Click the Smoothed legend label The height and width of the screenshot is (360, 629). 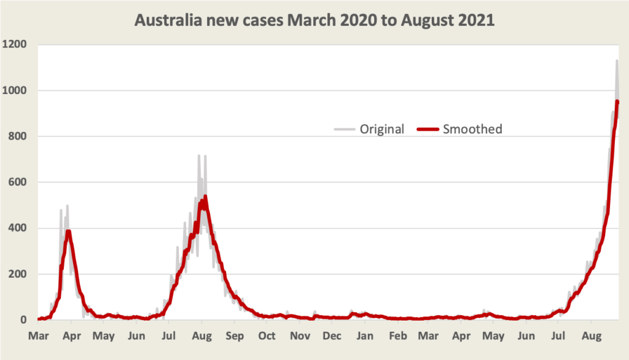472,129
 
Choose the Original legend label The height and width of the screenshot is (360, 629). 382,129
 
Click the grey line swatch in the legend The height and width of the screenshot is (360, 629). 345,129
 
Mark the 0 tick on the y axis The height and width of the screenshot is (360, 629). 24,320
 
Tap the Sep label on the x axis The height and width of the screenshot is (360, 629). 234,336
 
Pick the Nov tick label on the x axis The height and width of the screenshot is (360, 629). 300,336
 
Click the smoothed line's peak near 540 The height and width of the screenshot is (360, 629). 205,197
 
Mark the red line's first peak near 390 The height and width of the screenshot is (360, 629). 69,231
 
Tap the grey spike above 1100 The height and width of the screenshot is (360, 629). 617,60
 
